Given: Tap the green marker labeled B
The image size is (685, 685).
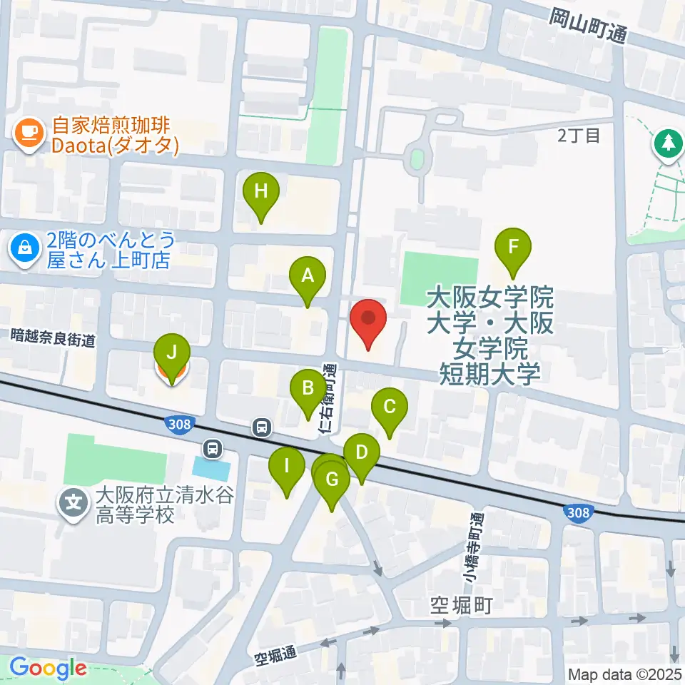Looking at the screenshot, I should (308, 390).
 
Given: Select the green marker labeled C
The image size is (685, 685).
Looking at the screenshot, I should (390, 408).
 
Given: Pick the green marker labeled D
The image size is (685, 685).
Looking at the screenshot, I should (362, 453).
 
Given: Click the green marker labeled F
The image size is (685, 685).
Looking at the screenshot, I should (514, 248).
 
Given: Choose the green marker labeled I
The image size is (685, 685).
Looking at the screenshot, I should (287, 467).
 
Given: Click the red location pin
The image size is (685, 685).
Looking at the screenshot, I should (368, 320).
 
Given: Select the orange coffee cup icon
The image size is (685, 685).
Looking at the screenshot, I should (29, 133).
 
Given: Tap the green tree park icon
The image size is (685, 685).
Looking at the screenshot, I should (669, 143).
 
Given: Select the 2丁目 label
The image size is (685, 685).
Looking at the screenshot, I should (579, 135).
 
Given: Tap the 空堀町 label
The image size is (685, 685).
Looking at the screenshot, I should (462, 607).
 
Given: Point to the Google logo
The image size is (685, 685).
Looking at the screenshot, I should (48, 669).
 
